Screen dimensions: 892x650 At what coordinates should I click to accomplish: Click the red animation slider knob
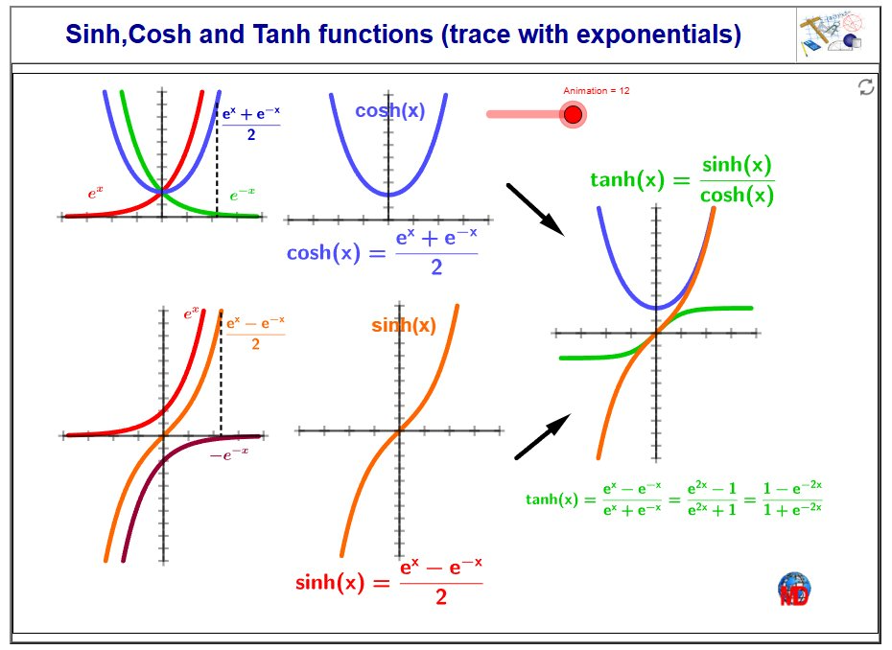573,114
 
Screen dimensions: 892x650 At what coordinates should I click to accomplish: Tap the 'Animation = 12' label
597,90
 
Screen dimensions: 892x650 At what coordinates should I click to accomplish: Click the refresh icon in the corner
865,87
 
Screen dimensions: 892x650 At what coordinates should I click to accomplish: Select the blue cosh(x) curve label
390,110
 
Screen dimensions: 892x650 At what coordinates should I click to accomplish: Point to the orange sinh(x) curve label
404,325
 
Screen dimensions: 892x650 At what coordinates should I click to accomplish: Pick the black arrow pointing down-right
535,209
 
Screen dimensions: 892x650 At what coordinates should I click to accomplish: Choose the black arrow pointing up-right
543,436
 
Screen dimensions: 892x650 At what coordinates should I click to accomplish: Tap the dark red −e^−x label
229,455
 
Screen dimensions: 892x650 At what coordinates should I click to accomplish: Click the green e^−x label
243,195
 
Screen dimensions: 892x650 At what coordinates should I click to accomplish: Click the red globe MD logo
794,590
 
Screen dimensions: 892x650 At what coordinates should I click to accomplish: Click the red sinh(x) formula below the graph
388,582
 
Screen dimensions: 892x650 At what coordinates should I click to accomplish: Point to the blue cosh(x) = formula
382,252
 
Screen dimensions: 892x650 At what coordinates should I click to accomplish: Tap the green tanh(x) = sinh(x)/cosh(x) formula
682,179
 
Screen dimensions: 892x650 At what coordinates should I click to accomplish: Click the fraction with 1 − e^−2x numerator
792,499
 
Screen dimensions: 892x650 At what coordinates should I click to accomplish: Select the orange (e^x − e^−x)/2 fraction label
255,334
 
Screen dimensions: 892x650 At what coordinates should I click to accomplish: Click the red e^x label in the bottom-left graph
191,313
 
